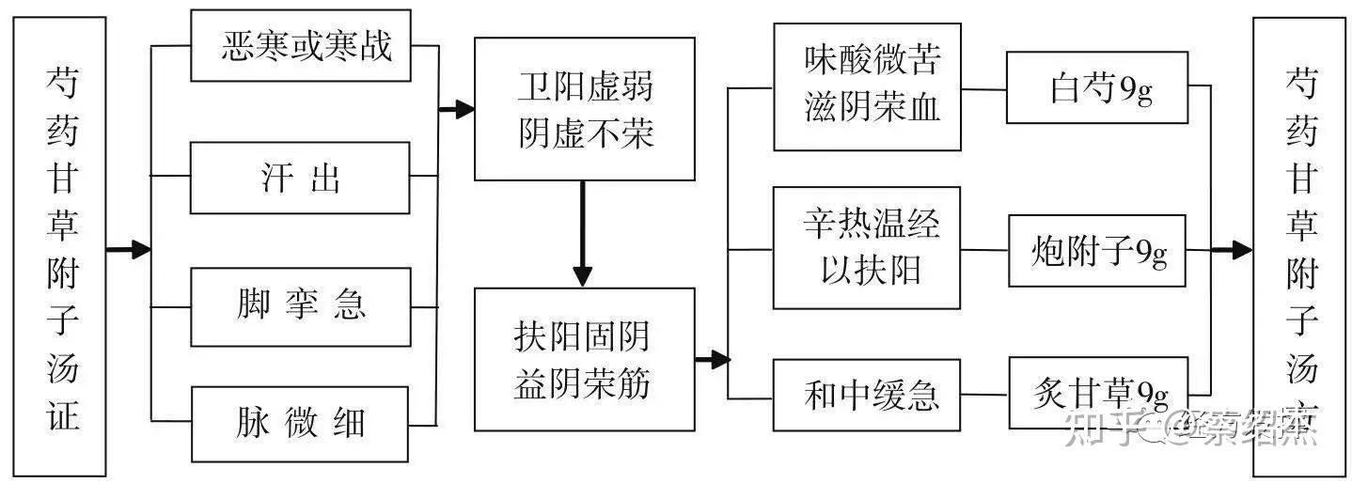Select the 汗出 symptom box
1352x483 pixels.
tap(300, 178)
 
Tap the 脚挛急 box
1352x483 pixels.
tap(300, 306)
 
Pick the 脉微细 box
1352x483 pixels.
tap(300, 424)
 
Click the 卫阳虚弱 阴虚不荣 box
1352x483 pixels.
tap(584, 109)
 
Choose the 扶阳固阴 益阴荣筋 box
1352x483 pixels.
tap(584, 359)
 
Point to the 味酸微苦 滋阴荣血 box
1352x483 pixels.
tap(866, 86)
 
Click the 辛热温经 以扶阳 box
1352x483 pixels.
tap(866, 247)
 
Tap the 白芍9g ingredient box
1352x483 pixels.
tap(1095, 87)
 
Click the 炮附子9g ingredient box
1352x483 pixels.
tap(1096, 250)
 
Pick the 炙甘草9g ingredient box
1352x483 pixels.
tap(1096, 393)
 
